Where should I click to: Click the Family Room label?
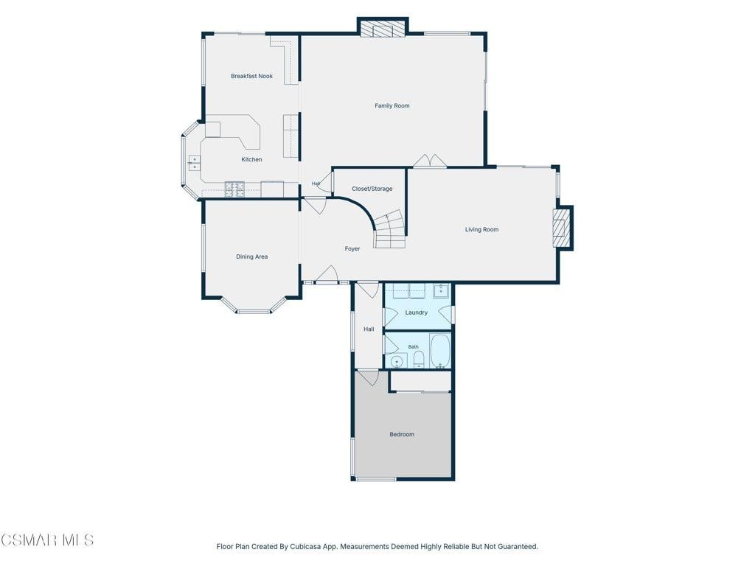tap(392, 106)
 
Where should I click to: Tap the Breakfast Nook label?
tap(252, 76)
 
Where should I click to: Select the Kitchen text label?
tap(252, 159)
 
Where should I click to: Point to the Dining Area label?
tap(252, 256)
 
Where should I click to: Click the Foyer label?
tap(352, 249)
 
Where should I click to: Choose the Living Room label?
tap(481, 230)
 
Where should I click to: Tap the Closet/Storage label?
tap(372, 189)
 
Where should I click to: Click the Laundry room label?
tap(417, 312)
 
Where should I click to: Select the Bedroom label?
tap(402, 434)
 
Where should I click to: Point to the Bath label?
tap(413, 346)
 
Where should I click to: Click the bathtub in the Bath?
tap(439, 351)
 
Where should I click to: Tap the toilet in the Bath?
tap(419, 359)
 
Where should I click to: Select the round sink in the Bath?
tap(397, 361)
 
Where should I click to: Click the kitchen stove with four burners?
tap(234, 189)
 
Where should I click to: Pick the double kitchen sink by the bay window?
tap(194, 163)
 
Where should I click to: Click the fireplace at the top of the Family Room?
tap(383, 29)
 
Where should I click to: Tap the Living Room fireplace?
tap(562, 228)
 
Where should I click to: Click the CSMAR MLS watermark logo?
tap(47, 540)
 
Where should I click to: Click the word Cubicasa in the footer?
tap(303, 547)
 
